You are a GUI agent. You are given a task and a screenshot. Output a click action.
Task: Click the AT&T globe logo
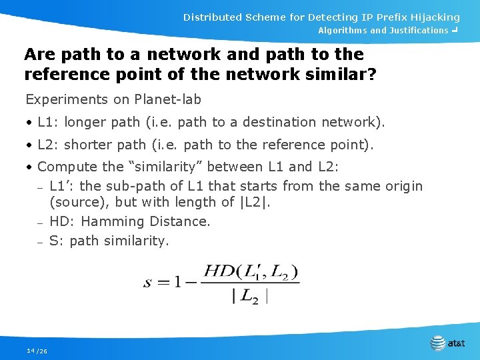tap(438, 343)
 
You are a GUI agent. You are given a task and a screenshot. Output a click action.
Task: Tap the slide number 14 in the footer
tap(31, 351)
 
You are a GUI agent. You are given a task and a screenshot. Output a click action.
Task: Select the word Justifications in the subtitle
tap(418, 31)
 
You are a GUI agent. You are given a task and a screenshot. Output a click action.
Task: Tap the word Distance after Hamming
tap(181, 221)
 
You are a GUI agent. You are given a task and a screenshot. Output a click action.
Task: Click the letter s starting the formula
tap(147, 282)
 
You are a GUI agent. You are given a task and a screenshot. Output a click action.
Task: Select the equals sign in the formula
tap(163, 282)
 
